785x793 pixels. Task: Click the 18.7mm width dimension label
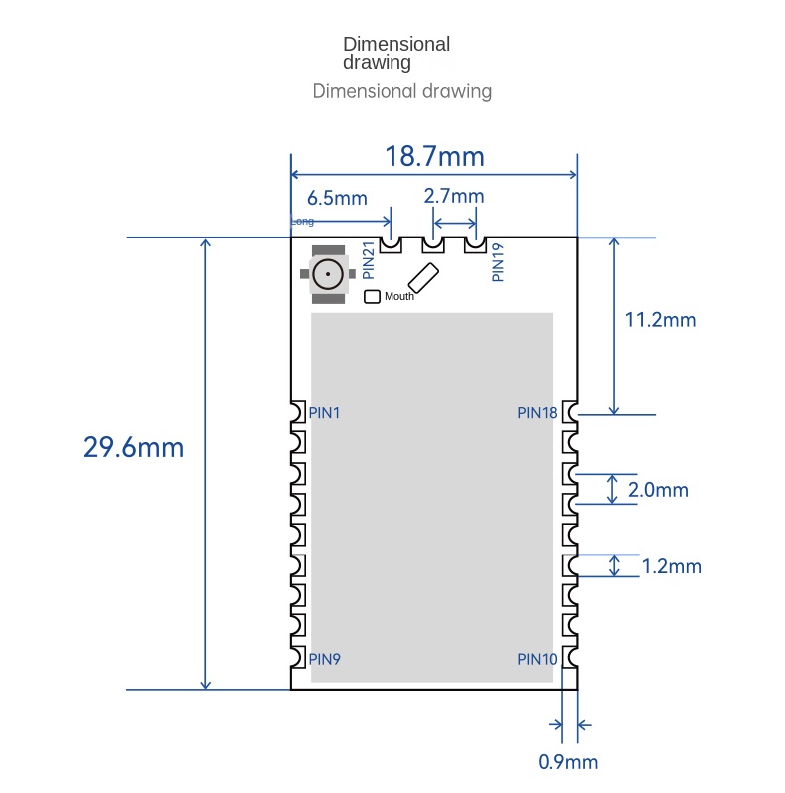[434, 156]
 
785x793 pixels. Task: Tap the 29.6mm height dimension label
[133, 447]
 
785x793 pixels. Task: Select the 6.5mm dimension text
[337, 197]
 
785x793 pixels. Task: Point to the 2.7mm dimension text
[454, 196]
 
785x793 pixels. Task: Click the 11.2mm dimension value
[660, 319]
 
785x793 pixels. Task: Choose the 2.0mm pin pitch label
[659, 490]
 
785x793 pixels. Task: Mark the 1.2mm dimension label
[672, 566]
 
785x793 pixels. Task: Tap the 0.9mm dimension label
[568, 762]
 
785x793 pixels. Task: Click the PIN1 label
[325, 412]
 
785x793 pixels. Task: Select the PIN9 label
[325, 658]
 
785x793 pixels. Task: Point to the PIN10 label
[538, 658]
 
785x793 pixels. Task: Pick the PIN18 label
[538, 412]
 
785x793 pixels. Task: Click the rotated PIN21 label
[368, 260]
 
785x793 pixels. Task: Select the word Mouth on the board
[399, 296]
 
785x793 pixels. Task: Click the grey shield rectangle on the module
[432, 497]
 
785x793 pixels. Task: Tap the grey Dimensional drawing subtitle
[401, 91]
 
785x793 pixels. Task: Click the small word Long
[302, 222]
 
